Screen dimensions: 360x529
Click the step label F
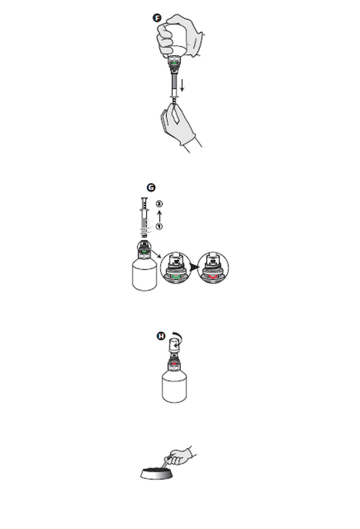coord(157,18)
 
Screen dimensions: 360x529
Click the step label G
coord(151,188)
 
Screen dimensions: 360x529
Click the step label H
coord(161,336)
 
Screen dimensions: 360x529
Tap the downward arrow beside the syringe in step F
coord(182,85)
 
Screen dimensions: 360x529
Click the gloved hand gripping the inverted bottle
coord(179,36)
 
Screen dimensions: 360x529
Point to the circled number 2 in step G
coord(159,204)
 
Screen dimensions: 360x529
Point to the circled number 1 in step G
coord(159,226)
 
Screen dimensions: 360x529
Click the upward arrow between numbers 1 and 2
coord(159,216)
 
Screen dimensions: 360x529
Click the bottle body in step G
coord(145,276)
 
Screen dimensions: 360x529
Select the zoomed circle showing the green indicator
coord(175,267)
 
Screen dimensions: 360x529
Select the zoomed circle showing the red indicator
coord(213,267)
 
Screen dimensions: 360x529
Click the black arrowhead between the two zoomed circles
coord(194,267)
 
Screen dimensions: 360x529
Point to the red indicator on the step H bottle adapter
coord(174,364)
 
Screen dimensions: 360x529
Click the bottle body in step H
coord(174,387)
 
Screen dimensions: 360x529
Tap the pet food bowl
coord(157,473)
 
